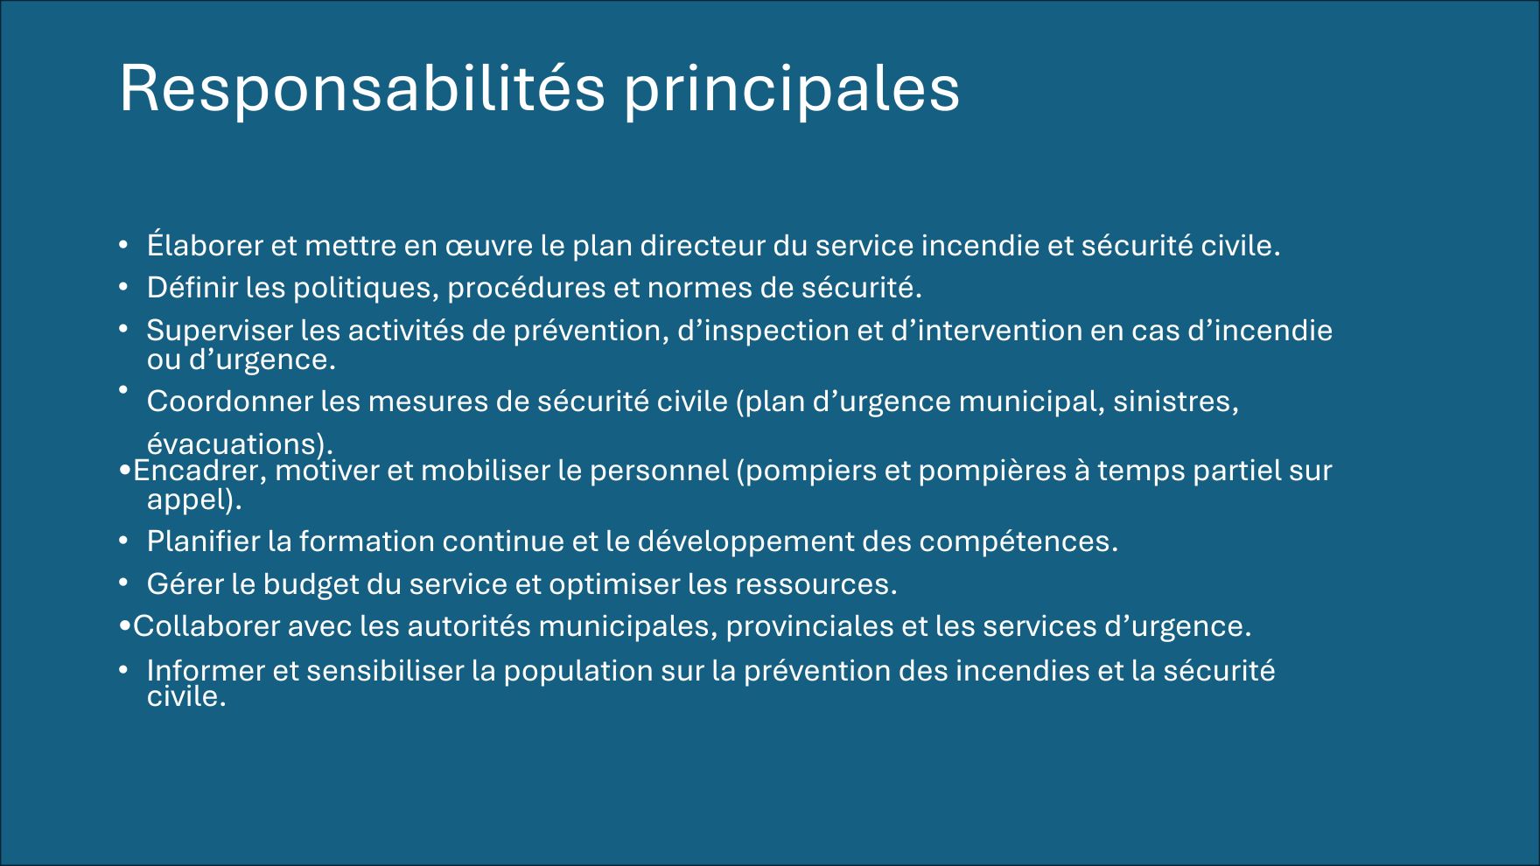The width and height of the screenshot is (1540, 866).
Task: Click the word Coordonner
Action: coord(229,402)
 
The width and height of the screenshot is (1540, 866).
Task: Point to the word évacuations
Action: coord(236,444)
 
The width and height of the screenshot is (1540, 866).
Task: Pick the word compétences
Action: coord(1018,542)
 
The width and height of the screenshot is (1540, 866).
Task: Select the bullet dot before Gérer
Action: coord(124,583)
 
